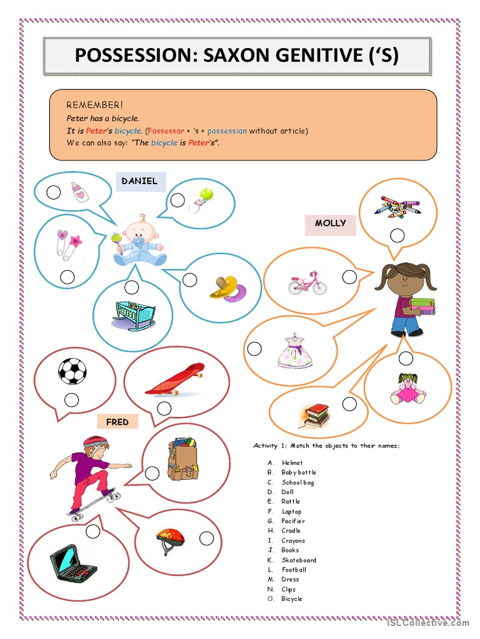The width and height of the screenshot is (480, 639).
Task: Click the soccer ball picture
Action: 72,371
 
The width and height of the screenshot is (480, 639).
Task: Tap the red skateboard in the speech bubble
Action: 176,379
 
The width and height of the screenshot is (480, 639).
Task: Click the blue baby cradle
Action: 134,315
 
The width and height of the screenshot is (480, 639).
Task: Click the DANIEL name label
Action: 139,181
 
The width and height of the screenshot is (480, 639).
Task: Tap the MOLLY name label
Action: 330,223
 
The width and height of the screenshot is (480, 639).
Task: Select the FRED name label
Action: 117,422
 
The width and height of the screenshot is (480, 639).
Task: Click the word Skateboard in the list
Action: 299,560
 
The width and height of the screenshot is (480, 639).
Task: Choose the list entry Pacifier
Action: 293,521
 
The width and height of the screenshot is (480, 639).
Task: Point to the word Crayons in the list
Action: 293,540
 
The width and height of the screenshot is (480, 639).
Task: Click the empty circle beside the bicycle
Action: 349,277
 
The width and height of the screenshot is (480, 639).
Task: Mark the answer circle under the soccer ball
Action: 72,400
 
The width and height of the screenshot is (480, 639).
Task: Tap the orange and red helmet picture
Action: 169,538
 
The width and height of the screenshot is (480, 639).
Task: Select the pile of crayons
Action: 397,207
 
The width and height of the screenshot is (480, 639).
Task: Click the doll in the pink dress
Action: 407,389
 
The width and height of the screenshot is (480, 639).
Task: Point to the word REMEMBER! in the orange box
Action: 95,105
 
